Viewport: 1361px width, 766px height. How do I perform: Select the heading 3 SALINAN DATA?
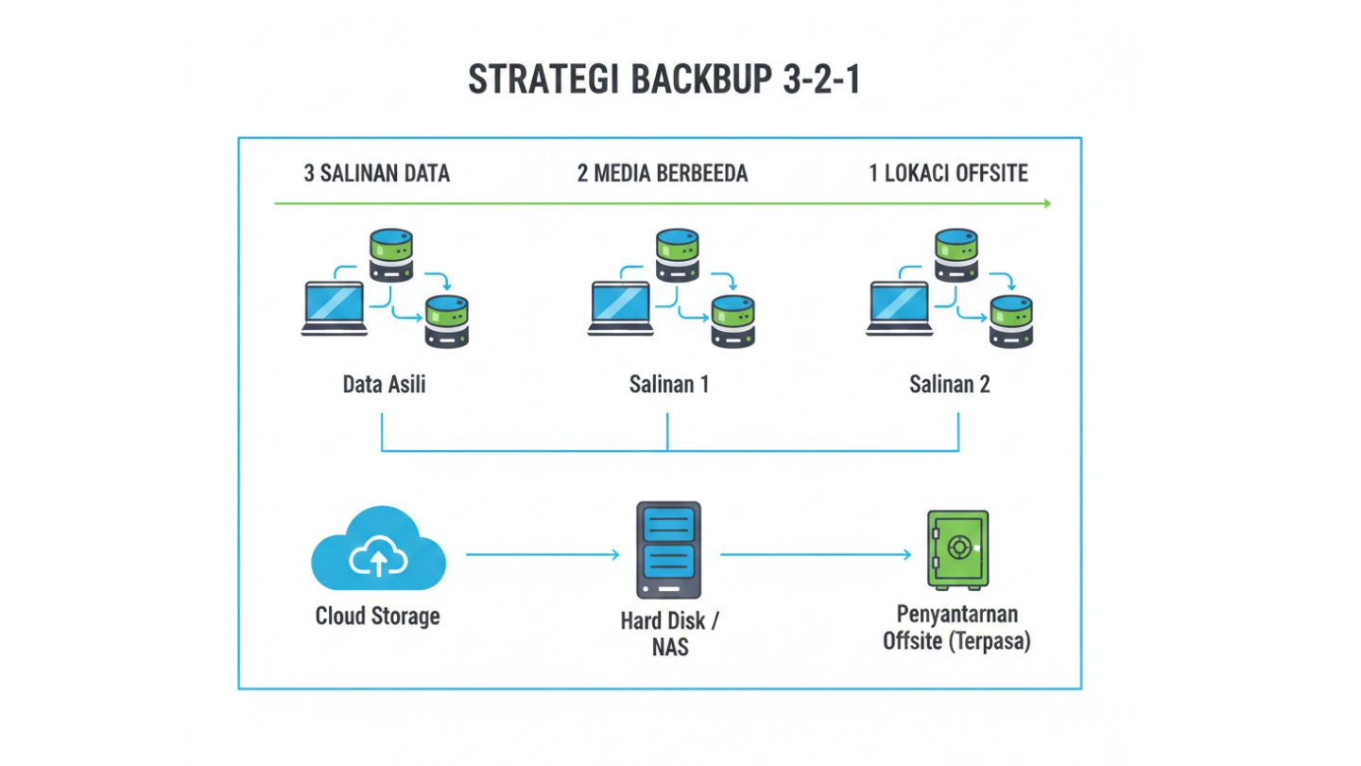(376, 173)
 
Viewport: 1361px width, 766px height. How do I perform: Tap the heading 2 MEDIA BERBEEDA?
(663, 173)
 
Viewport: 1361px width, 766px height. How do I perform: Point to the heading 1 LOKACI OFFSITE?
(948, 173)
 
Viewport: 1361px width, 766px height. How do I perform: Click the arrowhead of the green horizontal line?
(1046, 203)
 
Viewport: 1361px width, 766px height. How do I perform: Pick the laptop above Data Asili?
(333, 307)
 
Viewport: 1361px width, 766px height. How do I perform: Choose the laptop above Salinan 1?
(620, 307)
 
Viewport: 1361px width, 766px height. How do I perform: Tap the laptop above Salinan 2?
(898, 307)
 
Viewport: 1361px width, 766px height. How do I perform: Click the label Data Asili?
(384, 385)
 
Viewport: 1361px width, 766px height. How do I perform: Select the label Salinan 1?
(668, 385)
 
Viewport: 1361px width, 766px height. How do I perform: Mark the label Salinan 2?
(949, 385)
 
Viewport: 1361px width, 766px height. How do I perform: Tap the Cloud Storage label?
(377, 617)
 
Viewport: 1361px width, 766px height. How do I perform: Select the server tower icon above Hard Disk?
(669, 549)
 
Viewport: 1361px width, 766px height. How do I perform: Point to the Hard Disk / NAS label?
(669, 634)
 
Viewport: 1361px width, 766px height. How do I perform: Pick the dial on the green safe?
(959, 547)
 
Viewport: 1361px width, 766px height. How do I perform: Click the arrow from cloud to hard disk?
(543, 555)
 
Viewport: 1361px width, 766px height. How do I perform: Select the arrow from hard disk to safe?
(817, 555)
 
